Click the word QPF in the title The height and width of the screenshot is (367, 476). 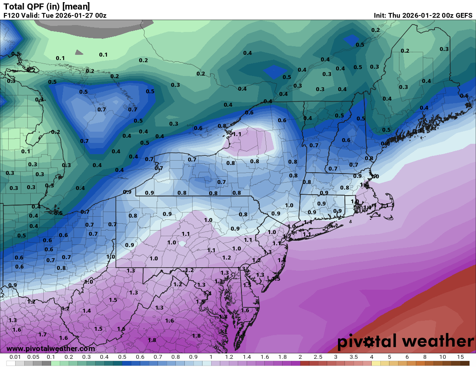click(35, 6)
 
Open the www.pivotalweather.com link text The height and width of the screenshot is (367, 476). click(51, 348)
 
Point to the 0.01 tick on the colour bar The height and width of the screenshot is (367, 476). click(16, 357)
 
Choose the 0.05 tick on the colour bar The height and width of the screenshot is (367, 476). click(33, 357)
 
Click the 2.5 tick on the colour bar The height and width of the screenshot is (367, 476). click(318, 357)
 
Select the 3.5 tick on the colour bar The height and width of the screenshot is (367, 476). click(353, 357)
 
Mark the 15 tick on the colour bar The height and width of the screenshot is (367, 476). click(460, 357)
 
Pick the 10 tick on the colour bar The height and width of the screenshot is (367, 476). click(442, 357)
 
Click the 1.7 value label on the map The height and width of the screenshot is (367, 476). click(42, 335)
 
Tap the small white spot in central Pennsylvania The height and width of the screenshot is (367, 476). click(183, 244)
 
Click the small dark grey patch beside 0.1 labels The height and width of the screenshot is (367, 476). click(79, 52)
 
